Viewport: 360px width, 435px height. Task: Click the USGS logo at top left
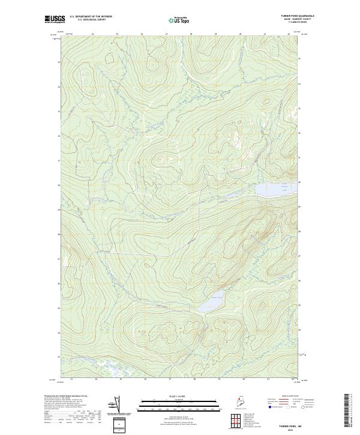click(x=55, y=19)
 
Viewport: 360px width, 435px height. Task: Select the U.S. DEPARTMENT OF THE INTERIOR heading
click(x=91, y=17)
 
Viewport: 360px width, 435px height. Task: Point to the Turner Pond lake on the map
click(x=212, y=298)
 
